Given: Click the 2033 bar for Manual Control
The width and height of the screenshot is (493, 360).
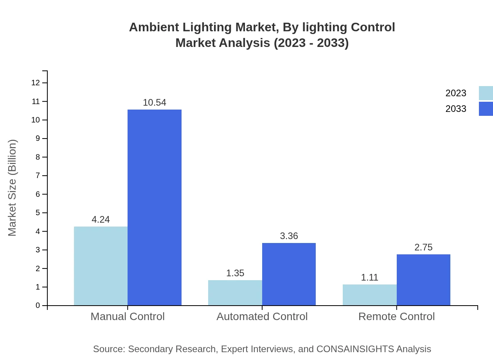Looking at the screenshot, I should [x=155, y=207].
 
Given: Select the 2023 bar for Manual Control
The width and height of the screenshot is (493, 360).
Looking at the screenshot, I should [x=101, y=266].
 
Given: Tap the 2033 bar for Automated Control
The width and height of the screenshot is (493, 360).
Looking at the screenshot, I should [x=289, y=274].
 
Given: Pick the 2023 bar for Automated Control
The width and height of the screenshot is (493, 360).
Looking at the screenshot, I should [x=235, y=293].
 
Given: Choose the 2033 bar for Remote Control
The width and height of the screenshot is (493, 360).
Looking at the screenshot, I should [x=423, y=280].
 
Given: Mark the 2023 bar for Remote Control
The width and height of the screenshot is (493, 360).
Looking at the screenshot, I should [x=369, y=295].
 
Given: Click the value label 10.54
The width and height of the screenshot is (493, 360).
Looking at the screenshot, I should [x=155, y=103].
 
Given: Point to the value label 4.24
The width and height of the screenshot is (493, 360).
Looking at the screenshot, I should [x=101, y=220].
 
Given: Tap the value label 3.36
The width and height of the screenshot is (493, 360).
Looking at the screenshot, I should [x=289, y=236].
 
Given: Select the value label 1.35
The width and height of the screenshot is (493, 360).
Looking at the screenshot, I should [x=235, y=273].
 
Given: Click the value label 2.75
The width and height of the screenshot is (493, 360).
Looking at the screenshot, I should [x=423, y=247].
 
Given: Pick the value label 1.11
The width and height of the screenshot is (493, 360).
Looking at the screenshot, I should [x=369, y=277].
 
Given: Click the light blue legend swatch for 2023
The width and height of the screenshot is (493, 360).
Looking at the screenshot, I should [x=486, y=93].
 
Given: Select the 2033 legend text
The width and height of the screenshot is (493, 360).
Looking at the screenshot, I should [x=455, y=109].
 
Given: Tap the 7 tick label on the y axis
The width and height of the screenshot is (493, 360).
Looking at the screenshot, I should [x=38, y=175].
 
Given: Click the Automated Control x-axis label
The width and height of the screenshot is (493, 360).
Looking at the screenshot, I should [x=262, y=316].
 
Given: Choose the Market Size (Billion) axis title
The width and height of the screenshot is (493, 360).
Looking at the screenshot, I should [x=12, y=188].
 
